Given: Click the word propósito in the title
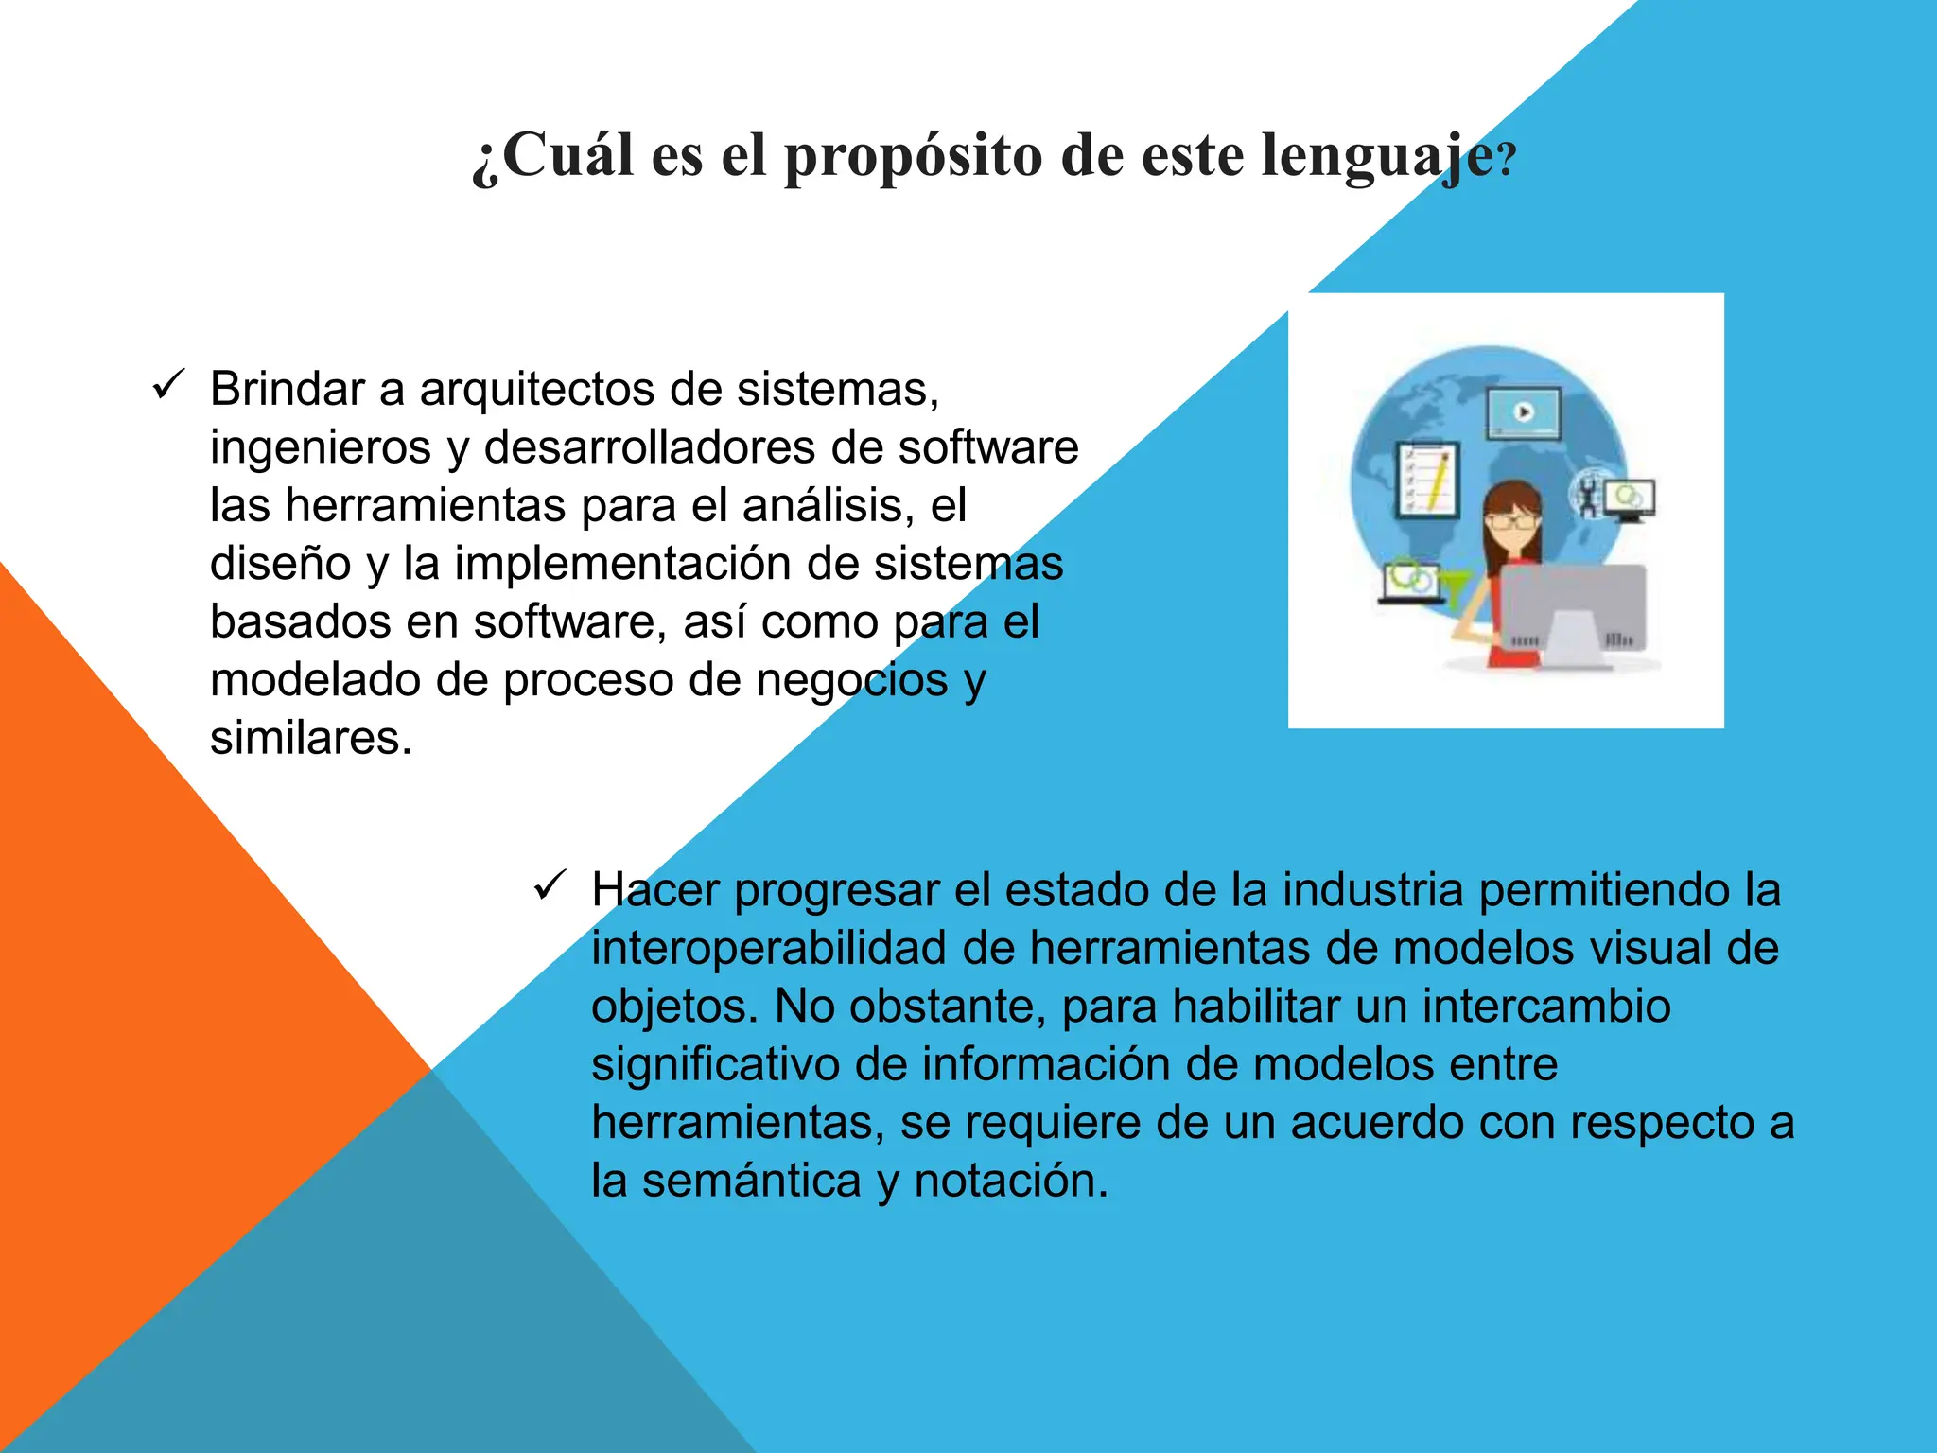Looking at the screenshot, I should coord(913,156).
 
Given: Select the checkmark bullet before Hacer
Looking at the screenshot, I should coord(549,886).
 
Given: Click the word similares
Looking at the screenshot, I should coord(311,738).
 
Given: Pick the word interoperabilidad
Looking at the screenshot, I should coord(770,948).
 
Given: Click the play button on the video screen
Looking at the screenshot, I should coord(1524,412).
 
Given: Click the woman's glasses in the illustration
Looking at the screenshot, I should coord(1511,520).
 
